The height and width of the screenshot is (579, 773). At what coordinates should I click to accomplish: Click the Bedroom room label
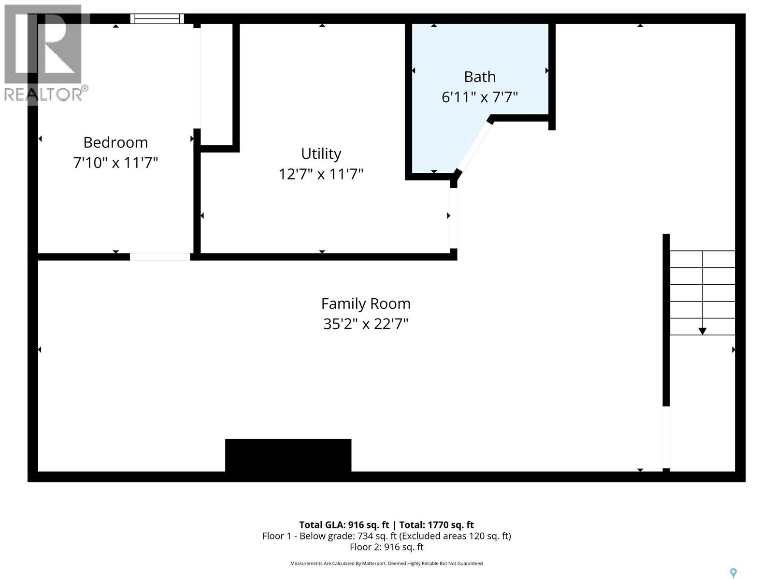pyautogui.click(x=115, y=142)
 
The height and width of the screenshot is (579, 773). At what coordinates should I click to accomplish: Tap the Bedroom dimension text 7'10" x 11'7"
pyautogui.click(x=115, y=163)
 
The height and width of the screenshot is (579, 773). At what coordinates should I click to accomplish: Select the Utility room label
pyautogui.click(x=321, y=153)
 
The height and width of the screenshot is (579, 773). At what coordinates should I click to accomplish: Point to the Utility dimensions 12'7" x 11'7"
pyautogui.click(x=321, y=174)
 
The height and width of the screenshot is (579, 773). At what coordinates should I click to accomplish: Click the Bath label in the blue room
pyautogui.click(x=480, y=77)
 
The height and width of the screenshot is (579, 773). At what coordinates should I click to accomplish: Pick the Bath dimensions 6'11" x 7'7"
pyautogui.click(x=480, y=97)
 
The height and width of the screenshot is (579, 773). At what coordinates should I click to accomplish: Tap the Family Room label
pyautogui.click(x=366, y=303)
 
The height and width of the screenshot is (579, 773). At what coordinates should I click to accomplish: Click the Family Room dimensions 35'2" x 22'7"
pyautogui.click(x=366, y=324)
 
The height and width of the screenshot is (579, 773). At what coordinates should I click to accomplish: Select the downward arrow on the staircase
pyautogui.click(x=702, y=331)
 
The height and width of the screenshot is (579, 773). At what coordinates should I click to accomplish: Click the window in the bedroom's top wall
pyautogui.click(x=157, y=19)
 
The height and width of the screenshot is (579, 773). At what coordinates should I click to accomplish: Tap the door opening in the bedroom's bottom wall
pyautogui.click(x=160, y=257)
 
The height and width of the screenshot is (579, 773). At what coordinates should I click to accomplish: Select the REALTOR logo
pyautogui.click(x=44, y=53)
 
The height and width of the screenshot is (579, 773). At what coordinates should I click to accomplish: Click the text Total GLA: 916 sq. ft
pyautogui.click(x=344, y=525)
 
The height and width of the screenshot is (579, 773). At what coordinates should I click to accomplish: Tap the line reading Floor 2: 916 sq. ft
pyautogui.click(x=386, y=547)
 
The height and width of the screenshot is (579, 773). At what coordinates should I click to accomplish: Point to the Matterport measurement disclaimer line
pyautogui.click(x=386, y=564)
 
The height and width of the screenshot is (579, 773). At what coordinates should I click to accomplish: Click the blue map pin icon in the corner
pyautogui.click(x=733, y=573)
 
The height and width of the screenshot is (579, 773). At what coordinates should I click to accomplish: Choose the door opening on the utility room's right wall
pyautogui.click(x=453, y=218)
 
